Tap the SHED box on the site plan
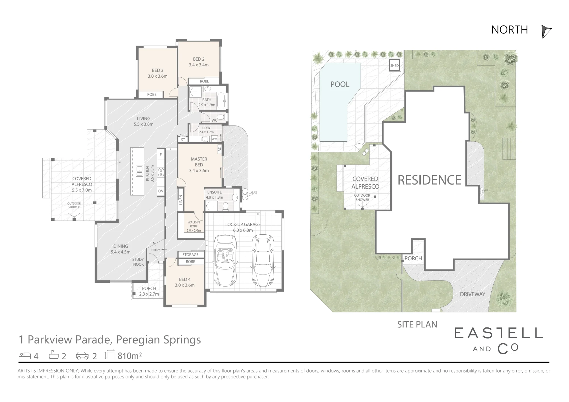point(394,65)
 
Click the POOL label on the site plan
point(340,84)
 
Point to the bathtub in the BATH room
point(221,101)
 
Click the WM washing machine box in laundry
point(215,139)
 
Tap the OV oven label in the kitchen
point(161,191)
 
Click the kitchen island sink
point(139,171)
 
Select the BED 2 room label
point(199,59)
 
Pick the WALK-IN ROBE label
point(194,226)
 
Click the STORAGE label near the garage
point(190,255)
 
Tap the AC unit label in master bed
point(219,149)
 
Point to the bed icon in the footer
point(25,355)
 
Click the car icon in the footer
point(83,356)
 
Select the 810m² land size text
point(130,356)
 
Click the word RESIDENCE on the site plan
point(429,180)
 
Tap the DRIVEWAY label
point(473,294)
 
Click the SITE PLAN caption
point(417,324)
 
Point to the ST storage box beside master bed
point(183,140)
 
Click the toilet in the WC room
point(221,117)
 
